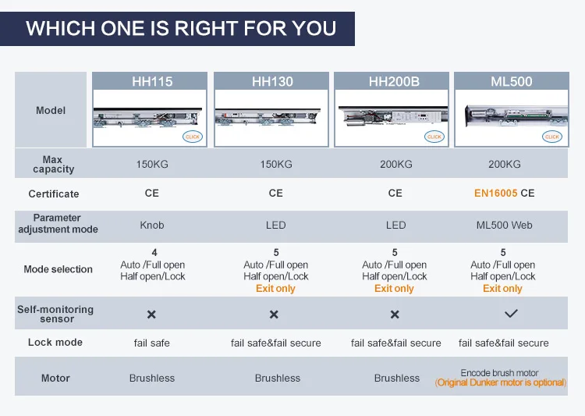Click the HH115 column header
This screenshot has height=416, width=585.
[152, 81]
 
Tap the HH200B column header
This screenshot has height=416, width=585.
[395, 81]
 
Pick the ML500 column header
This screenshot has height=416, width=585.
[511, 81]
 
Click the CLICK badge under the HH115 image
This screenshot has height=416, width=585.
[192, 136]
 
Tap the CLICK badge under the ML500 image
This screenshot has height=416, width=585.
[552, 136]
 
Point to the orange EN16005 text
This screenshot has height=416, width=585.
[495, 193]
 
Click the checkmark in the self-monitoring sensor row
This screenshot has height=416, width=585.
[511, 314]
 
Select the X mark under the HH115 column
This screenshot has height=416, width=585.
[152, 315]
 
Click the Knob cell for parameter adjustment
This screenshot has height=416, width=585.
[152, 225]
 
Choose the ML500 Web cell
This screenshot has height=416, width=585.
[504, 225]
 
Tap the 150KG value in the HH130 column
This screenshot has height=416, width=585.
[276, 165]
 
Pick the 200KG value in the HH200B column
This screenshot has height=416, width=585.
[395, 165]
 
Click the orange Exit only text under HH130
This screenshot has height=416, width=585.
[275, 289]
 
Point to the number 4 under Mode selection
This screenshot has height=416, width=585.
[154, 253]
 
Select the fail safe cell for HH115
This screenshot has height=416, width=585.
[152, 343]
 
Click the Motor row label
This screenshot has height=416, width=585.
[55, 379]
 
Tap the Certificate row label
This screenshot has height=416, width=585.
[54, 194]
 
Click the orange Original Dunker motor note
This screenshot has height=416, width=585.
[502, 382]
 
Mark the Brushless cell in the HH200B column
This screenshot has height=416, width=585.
[397, 379]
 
